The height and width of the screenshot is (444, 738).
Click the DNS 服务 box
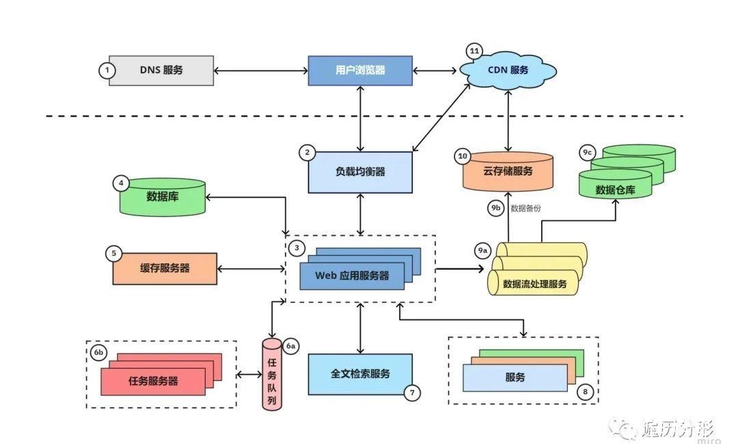click(161, 70)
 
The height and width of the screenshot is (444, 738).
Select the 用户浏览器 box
click(360, 70)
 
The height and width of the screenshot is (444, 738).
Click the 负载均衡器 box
click(360, 172)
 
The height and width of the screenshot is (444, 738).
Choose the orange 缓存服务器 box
click(165, 268)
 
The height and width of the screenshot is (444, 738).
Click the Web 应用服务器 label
click(352, 276)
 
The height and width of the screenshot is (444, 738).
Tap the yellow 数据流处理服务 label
click(534, 283)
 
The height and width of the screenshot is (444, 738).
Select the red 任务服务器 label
click(153, 381)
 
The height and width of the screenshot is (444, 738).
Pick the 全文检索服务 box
click(360, 374)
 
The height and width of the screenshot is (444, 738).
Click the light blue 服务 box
click(515, 377)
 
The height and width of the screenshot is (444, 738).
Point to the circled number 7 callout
click(412, 393)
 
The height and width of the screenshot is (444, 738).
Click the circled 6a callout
click(290, 346)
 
